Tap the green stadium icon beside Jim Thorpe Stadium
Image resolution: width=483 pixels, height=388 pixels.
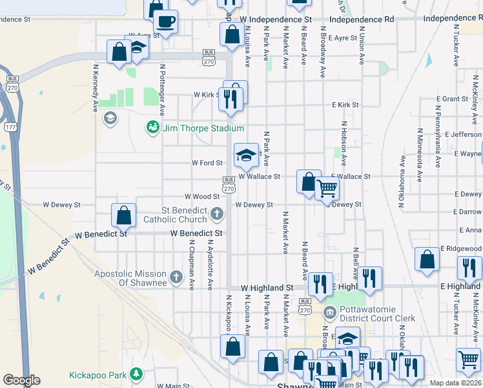tap(153, 127)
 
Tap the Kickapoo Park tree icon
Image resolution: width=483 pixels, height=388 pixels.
tap(136, 374)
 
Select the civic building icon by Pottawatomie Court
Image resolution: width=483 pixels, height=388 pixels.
tap(330, 314)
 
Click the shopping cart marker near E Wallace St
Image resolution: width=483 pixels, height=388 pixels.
tap(327, 189)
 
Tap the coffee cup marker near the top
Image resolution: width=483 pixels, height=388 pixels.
tap(166, 21)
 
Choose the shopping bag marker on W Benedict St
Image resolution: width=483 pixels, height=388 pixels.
tap(123, 215)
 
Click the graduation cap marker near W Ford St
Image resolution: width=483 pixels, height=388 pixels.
tap(245, 155)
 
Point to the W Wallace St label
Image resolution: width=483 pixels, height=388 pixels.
tap(260, 176)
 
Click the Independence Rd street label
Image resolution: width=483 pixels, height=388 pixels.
tap(361, 20)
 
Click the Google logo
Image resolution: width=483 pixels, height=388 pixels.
tap(21, 380)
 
